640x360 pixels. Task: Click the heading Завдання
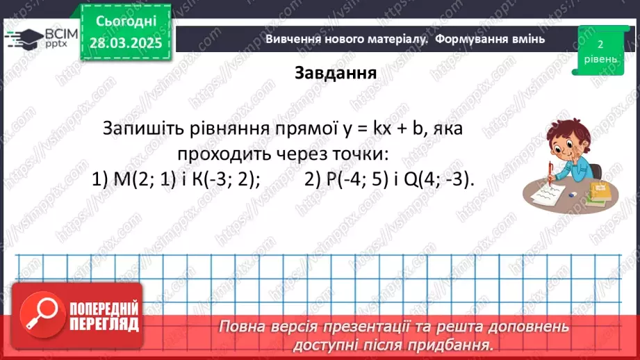(336, 74)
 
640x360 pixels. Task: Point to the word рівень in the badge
(598, 59)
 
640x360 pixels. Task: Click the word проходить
(219, 154)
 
